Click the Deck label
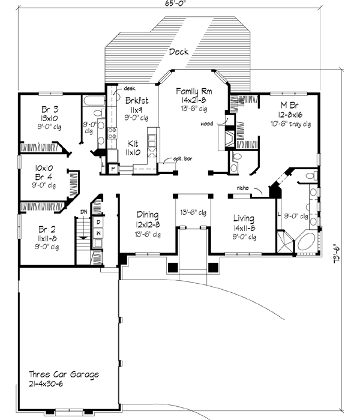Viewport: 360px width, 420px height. coord(179,52)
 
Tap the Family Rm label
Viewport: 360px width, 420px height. coord(193,91)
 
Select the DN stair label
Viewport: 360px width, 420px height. coord(85,211)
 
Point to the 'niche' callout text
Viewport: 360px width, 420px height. coord(243,187)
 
